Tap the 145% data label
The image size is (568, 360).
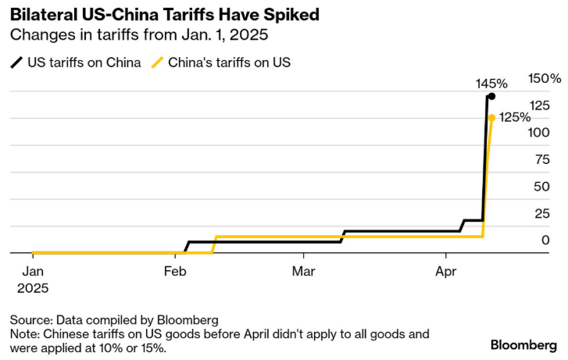(492, 84)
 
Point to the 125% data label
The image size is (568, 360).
(515, 117)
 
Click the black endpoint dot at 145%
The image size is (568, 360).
(491, 97)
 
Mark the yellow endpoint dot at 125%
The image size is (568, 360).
(491, 118)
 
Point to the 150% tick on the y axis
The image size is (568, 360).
(544, 79)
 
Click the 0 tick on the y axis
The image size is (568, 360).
(545, 240)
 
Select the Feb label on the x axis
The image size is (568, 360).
(174, 272)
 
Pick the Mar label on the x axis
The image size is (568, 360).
(304, 272)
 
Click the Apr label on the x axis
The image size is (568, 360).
(445, 272)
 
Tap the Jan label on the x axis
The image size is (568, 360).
(32, 272)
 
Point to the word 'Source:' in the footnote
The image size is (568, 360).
(30, 320)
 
